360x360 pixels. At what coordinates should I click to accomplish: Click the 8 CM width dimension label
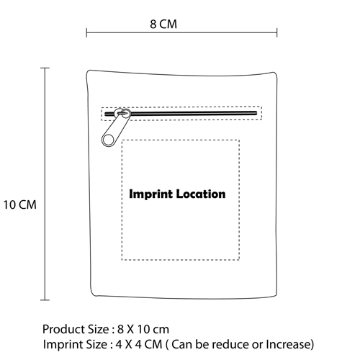(x=163, y=24)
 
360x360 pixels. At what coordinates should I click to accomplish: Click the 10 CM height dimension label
(x=19, y=204)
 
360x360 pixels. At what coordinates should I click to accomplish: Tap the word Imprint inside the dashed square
(x=150, y=194)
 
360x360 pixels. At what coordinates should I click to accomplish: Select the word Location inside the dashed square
(x=201, y=194)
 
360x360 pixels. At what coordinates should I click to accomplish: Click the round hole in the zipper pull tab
(x=109, y=140)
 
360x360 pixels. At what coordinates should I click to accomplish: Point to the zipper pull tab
(x=116, y=127)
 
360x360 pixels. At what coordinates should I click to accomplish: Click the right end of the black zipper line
(x=256, y=113)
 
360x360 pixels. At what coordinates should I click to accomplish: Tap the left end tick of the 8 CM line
(x=86, y=32)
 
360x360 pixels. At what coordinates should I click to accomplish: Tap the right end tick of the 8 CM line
(x=277, y=32)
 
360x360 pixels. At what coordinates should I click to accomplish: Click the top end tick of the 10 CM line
(x=45, y=68)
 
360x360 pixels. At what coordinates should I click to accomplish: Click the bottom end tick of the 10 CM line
(x=45, y=300)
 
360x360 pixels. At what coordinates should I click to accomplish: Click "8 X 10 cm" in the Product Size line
(x=143, y=329)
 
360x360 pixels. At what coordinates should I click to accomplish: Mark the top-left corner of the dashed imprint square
(x=122, y=140)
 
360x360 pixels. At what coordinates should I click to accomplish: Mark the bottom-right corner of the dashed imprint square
(x=239, y=260)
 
